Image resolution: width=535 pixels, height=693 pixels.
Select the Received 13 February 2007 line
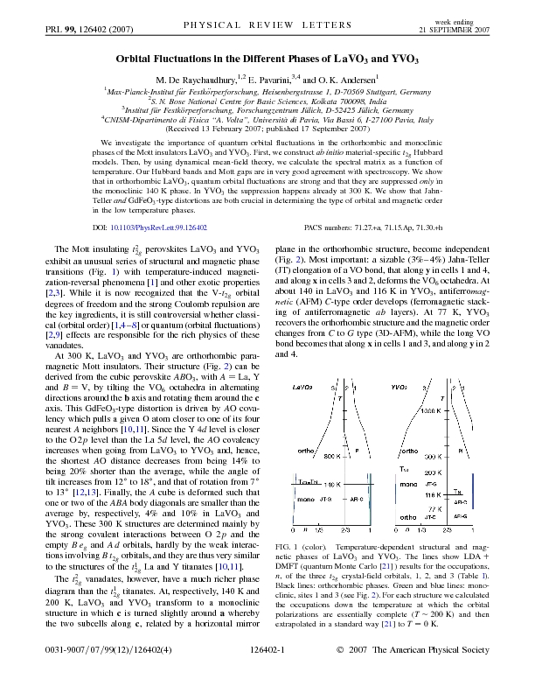(267, 128)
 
